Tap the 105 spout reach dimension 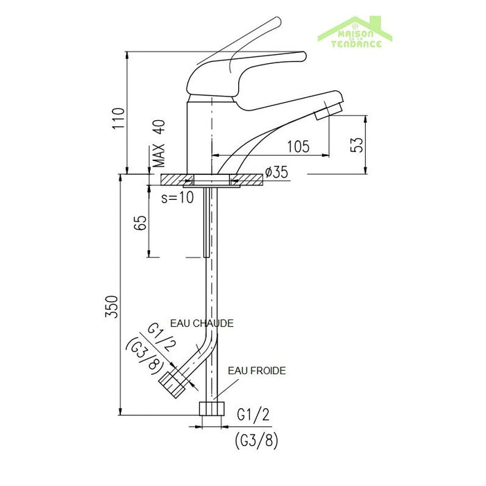[297, 146]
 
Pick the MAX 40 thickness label [159, 144]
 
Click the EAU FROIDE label [256, 371]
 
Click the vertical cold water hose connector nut [211, 408]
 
